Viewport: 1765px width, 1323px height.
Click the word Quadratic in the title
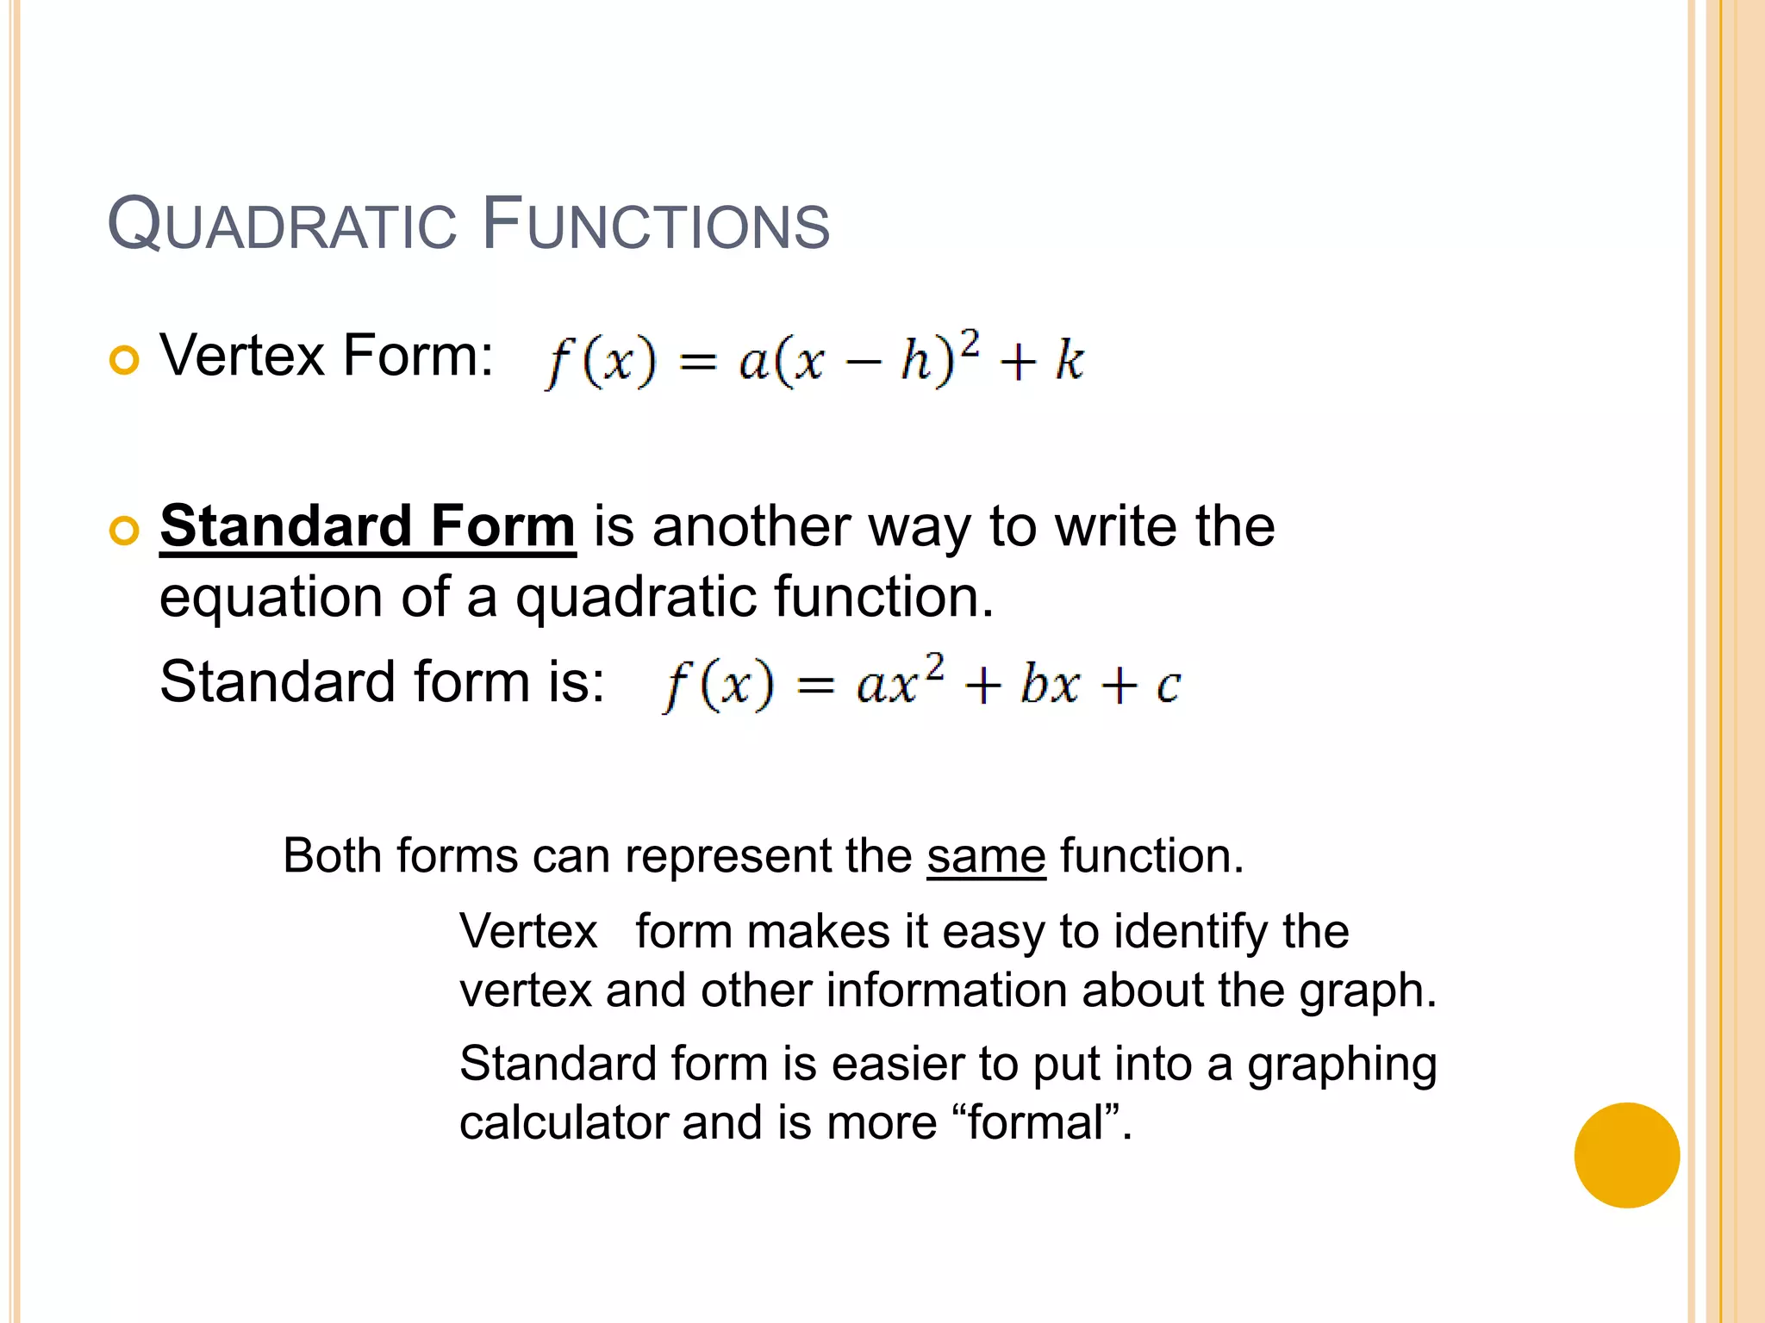[282, 225]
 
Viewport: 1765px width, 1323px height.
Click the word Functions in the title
[655, 225]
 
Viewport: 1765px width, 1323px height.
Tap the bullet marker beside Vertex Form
[125, 360]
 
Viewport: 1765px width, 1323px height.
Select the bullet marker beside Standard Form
[125, 531]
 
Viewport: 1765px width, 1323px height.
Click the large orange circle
[1626, 1155]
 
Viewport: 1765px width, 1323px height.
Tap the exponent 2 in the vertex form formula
[970, 344]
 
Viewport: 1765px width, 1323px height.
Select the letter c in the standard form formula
[1167, 686]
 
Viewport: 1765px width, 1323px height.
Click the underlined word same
[986, 856]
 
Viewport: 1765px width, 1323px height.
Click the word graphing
[1342, 1065]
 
